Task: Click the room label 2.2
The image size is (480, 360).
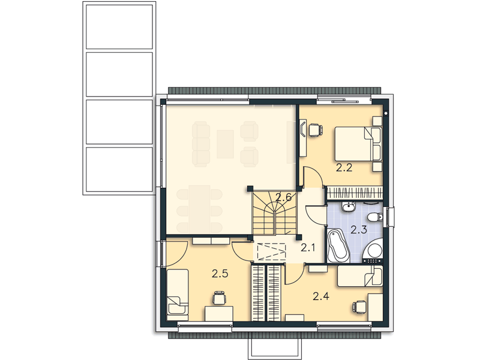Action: click(344, 168)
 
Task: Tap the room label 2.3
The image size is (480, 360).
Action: click(358, 230)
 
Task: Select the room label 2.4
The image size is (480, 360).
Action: click(321, 296)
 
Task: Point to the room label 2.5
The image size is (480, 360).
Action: click(220, 274)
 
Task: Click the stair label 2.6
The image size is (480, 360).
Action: click(283, 197)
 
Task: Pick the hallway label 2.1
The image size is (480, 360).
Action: click(308, 248)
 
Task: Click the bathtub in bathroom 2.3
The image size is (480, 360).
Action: click(338, 246)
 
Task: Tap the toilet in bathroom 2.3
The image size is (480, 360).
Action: click(376, 218)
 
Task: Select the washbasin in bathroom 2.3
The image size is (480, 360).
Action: click(349, 207)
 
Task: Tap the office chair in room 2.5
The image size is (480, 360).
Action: click(219, 298)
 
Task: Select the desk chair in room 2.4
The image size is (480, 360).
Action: click(360, 307)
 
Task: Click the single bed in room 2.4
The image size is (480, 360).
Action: click(360, 276)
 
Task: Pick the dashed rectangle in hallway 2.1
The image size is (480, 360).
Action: click(271, 251)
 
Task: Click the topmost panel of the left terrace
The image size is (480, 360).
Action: click(119, 26)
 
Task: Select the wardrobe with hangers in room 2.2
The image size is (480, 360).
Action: click(355, 193)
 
